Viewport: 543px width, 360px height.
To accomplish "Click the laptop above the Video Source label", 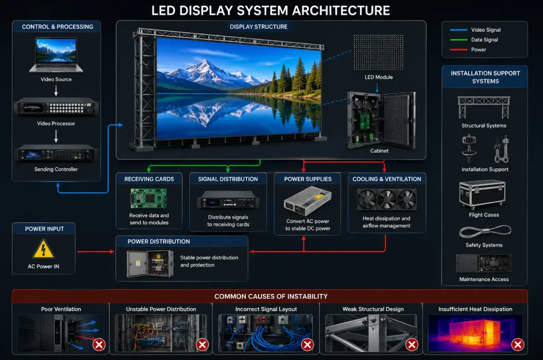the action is (x=56, y=55).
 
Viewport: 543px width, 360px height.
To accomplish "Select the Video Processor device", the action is (x=56, y=106).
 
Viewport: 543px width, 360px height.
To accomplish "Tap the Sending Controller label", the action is (x=56, y=169).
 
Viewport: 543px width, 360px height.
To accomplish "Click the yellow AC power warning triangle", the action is (x=43, y=249).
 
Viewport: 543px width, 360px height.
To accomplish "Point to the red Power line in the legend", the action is (x=459, y=50).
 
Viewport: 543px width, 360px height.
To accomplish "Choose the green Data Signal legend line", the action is (x=459, y=40).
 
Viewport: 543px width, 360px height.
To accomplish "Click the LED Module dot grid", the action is (x=378, y=52).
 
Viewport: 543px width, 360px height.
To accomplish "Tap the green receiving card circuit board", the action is (x=148, y=198).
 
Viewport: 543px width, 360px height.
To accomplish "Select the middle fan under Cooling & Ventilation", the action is (x=387, y=199).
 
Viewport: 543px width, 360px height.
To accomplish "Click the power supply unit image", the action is (x=308, y=201).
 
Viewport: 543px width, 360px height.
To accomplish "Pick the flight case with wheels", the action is (x=482, y=194).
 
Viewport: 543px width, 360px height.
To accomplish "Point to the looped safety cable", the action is (x=485, y=232).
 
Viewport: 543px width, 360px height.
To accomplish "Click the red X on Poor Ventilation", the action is (x=99, y=345).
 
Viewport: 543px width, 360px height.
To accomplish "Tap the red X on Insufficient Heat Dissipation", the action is (x=518, y=345).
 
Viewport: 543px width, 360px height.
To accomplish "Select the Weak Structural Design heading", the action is (x=373, y=309).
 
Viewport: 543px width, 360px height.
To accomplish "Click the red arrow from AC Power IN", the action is (x=95, y=252).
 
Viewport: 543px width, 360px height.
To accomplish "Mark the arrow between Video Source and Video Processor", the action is (x=56, y=91).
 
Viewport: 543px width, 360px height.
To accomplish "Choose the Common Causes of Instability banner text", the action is (x=271, y=296).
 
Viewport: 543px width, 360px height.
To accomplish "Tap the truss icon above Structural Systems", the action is (x=484, y=108).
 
